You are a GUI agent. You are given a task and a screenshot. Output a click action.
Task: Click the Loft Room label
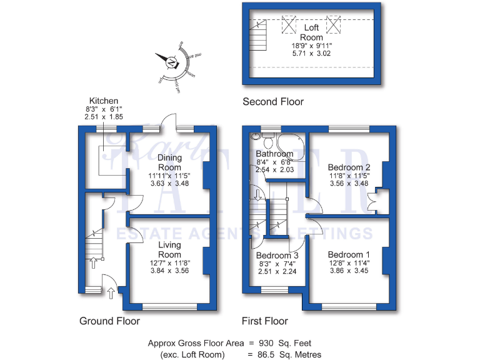coord(311,32)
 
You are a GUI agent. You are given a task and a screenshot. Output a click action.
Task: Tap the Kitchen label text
coord(104,101)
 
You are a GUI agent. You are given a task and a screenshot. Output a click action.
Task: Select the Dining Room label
coord(169,162)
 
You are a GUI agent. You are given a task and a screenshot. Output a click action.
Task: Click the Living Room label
coord(169,249)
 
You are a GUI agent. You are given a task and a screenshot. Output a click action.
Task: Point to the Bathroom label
coord(274,154)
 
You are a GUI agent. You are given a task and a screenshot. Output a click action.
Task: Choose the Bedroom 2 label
coord(349,167)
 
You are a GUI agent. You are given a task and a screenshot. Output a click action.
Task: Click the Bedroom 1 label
coord(349,255)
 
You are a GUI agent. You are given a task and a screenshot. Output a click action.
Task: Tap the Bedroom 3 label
coord(277,256)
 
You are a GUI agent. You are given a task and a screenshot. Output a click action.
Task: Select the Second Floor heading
coord(273,102)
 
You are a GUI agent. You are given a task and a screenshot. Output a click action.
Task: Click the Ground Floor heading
coord(109,321)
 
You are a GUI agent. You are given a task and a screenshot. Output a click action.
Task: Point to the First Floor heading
coord(265,321)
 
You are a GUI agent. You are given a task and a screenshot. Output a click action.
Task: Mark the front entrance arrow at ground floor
coord(111,292)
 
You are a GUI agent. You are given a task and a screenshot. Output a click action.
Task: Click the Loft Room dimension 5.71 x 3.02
coord(311,54)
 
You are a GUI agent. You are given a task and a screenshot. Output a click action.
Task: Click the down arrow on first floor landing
coord(256,194)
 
